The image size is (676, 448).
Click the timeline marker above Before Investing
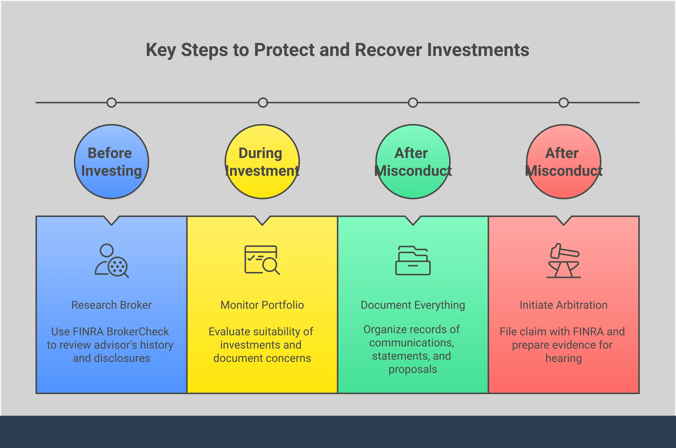(112, 103)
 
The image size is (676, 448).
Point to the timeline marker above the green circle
(413, 103)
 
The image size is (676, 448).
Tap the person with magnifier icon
(112, 261)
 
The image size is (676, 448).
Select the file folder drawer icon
(413, 260)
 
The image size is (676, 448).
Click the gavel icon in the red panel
(564, 261)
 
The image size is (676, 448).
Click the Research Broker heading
(112, 305)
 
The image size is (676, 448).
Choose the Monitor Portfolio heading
(262, 305)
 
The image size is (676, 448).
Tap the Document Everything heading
(413, 305)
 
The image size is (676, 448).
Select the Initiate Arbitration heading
(564, 305)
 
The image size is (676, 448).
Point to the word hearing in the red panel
(564, 358)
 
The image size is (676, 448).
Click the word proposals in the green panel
(413, 369)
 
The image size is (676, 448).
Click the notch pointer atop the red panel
(564, 220)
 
